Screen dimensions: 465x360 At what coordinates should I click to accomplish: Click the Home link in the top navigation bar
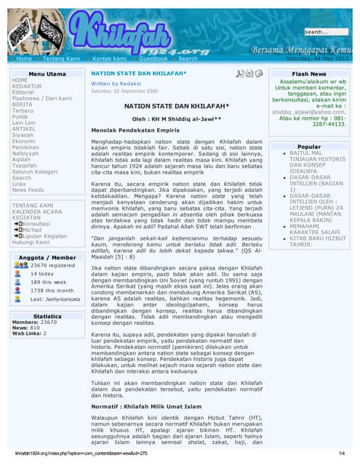pyautogui.click(x=24, y=58)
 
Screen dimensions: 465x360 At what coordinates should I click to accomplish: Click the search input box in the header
pyautogui.click(x=326, y=32)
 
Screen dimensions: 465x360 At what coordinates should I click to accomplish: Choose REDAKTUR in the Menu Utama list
pyautogui.click(x=27, y=86)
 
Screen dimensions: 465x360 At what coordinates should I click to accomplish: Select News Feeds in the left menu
pyautogui.click(x=28, y=190)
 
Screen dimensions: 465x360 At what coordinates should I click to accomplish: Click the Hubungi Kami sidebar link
pyautogui.click(x=32, y=243)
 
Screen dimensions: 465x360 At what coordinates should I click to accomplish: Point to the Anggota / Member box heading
pyautogui.click(x=47, y=257)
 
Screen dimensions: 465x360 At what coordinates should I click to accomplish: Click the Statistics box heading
pyautogui.click(x=47, y=317)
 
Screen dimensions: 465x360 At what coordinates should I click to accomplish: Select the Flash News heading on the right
pyautogui.click(x=309, y=74)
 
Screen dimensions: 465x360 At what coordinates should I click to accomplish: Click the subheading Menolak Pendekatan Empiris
pyautogui.click(x=132, y=129)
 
